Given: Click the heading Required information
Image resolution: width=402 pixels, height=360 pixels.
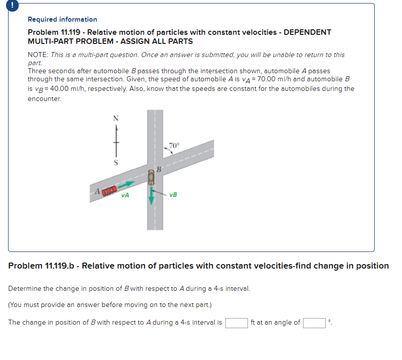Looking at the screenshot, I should pyautogui.click(x=62, y=19).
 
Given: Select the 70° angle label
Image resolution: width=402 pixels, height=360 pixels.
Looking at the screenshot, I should pyautogui.click(x=173, y=146).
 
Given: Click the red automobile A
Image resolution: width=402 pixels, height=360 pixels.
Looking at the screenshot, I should pyautogui.click(x=110, y=190).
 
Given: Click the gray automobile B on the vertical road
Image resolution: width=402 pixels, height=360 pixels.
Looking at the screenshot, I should pyautogui.click(x=150, y=178).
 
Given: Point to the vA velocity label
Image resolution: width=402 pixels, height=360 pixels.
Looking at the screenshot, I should pyautogui.click(x=125, y=195).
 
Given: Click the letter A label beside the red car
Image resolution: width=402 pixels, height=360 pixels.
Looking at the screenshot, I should pyautogui.click(x=94, y=191).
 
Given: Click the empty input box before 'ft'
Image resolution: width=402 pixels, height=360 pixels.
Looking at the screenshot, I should pyautogui.click(x=236, y=323).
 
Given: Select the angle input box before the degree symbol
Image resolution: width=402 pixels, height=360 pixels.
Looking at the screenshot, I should pyautogui.click(x=314, y=323).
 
